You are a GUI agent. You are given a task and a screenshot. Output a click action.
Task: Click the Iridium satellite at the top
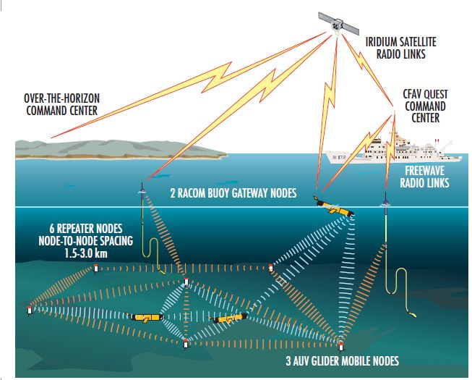(337, 24)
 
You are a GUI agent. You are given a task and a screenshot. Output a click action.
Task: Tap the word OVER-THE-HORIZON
(56, 99)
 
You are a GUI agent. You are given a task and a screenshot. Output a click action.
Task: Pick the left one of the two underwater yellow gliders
(147, 317)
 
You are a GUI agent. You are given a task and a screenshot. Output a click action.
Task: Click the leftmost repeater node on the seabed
(30, 311)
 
